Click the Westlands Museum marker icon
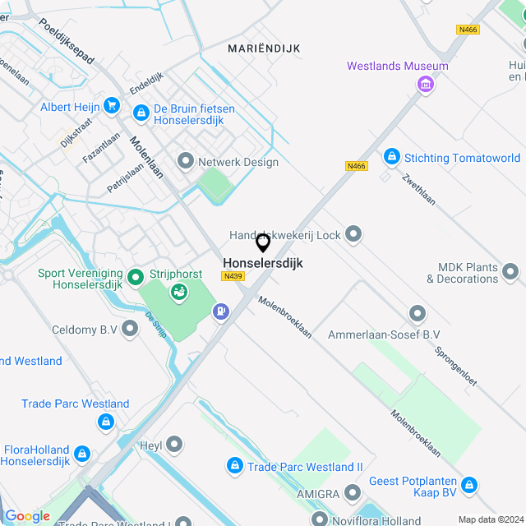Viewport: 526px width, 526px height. click(426, 84)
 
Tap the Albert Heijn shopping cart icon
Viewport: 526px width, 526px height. click(112, 107)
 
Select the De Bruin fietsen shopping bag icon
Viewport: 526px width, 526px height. click(141, 111)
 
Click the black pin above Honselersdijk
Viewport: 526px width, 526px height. click(263, 242)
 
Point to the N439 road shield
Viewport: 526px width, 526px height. click(233, 277)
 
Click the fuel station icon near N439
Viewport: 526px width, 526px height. click(220, 311)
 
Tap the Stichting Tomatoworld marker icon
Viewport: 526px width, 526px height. click(391, 156)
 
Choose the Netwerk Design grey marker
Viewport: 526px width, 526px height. click(185, 161)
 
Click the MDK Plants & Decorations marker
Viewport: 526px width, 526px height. click(510, 271)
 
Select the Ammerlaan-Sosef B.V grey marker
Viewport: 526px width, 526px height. click(418, 313)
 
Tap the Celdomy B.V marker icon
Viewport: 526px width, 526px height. click(130, 329)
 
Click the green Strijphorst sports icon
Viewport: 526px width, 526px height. click(178, 292)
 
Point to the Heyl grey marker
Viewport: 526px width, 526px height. click(174, 445)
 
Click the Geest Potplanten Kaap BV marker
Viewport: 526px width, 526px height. click(469, 485)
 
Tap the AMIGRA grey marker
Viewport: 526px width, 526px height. click(353, 492)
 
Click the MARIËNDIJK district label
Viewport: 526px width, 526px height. click(264, 48)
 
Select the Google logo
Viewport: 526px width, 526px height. click(28, 516)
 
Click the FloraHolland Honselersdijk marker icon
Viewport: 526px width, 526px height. click(82, 454)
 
